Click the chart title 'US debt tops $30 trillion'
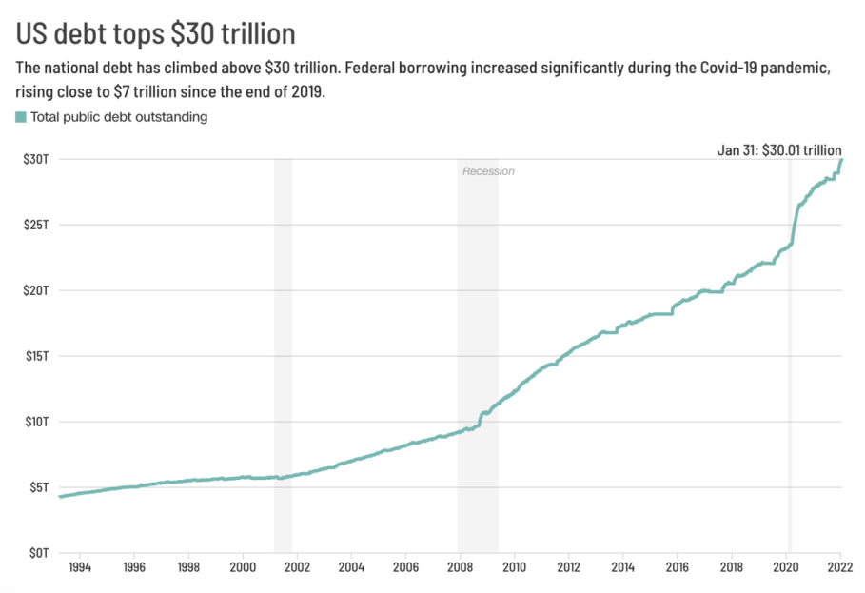156,33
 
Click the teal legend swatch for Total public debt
21,117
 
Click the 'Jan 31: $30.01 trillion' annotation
778,150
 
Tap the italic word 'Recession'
488,171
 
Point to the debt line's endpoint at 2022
841,160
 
